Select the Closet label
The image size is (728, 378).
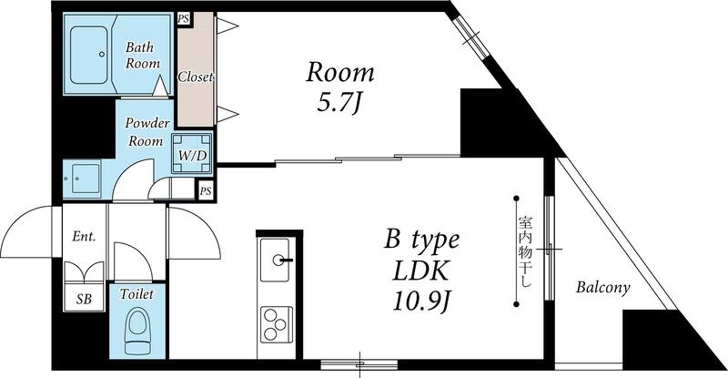pos(196,77)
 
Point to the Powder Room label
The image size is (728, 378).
pos(145,132)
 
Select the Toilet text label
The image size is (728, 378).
pos(137,294)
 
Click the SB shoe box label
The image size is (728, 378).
pos(83,299)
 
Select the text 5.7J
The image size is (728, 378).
pos(339,103)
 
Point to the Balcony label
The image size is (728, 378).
pos(602,288)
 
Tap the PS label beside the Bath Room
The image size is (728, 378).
pos(185,18)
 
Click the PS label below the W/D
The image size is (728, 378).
pos(206,190)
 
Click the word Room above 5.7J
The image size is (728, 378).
pos(339,72)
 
